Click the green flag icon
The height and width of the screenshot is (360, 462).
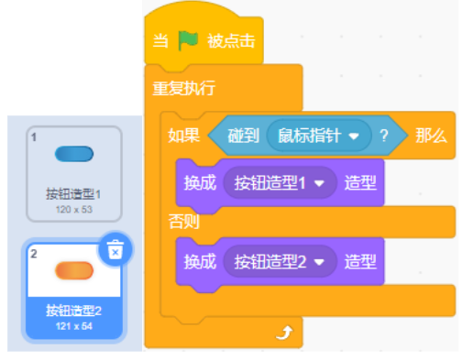[x=188, y=40]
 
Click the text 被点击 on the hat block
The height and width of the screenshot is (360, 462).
[x=231, y=41]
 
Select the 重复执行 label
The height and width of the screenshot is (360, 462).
[x=184, y=88]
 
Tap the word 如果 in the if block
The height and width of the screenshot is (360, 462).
[x=184, y=136]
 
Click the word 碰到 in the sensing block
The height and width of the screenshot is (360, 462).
[x=244, y=136]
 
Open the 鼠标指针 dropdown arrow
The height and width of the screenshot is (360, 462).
[x=354, y=136]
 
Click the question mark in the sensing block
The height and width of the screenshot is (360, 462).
[x=384, y=136]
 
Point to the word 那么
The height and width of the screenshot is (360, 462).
[x=431, y=136]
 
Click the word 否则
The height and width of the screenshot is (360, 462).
[x=184, y=222]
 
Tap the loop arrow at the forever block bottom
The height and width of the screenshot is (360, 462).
[x=284, y=333]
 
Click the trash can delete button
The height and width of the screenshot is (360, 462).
[x=115, y=249]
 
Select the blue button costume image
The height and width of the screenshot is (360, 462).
[x=74, y=154]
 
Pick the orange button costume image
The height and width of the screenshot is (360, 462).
[x=74, y=270]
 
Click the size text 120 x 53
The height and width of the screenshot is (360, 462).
[x=74, y=210]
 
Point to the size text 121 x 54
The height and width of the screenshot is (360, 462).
[x=74, y=326]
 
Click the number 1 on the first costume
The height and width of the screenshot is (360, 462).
[x=34, y=137]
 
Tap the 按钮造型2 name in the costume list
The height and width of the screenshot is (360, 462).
[x=73, y=311]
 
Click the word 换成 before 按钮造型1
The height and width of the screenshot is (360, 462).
[x=200, y=183]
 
